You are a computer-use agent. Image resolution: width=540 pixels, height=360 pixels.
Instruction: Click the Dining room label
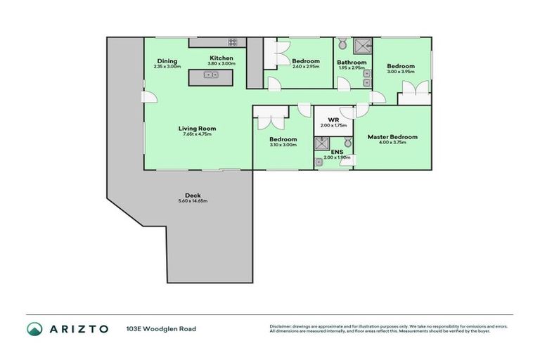(167, 61)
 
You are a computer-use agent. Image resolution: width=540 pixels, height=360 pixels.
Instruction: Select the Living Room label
(197, 128)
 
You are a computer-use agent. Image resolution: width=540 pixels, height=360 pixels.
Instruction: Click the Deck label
(193, 195)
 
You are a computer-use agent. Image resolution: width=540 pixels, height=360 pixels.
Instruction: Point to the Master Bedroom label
(393, 137)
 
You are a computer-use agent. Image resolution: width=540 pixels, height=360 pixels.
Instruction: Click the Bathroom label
(352, 62)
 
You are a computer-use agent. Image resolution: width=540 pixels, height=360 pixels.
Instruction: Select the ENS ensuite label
(337, 152)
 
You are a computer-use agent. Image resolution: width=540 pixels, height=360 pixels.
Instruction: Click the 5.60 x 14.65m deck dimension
(193, 201)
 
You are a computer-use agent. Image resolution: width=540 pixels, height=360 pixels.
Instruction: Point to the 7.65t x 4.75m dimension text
(197, 134)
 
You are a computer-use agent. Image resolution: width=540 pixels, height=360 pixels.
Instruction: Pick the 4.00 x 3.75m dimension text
(393, 143)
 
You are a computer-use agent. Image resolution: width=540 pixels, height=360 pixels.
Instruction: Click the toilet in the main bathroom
(342, 44)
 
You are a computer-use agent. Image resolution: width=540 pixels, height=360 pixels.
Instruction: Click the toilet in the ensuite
(347, 142)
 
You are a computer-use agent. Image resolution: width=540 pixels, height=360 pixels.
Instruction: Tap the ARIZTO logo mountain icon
(34, 329)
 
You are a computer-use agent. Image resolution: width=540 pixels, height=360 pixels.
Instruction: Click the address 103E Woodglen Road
(161, 329)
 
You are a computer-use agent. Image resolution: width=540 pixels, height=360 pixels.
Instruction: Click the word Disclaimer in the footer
(281, 327)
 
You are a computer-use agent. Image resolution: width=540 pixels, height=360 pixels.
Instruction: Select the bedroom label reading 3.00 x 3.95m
(401, 71)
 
